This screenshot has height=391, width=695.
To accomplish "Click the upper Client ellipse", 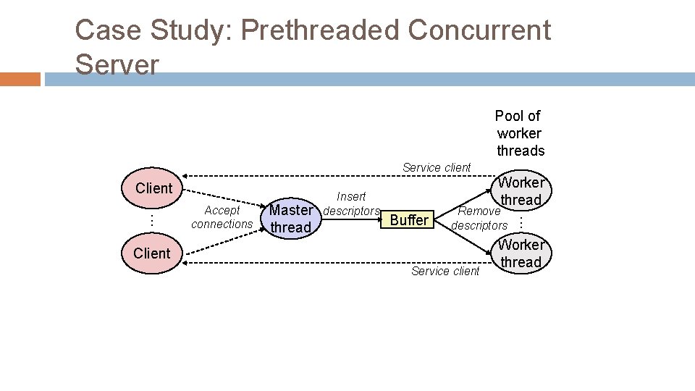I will click(153, 188).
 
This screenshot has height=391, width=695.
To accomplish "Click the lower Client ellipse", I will click(152, 253).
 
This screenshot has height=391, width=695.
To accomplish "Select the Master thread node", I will click(290, 219).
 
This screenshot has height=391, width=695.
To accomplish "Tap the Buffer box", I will click(409, 220).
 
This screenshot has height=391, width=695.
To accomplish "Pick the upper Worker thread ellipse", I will click(521, 191).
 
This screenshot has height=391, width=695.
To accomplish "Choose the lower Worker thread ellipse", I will click(521, 253).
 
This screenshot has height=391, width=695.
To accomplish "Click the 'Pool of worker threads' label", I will click(519, 133).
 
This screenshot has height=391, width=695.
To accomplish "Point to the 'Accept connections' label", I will click(222, 217).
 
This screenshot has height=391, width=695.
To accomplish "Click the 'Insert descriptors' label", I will click(351, 203).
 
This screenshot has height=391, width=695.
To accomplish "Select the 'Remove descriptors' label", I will click(479, 218).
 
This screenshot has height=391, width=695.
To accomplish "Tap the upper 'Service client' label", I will click(437, 167).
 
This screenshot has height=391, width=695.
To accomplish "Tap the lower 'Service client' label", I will click(445, 271).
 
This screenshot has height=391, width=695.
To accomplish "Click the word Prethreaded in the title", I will click(319, 30).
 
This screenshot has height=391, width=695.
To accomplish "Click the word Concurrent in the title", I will click(479, 30).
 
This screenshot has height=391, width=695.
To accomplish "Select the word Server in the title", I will click(117, 65).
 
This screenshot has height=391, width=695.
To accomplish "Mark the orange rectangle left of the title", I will click(20, 79).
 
